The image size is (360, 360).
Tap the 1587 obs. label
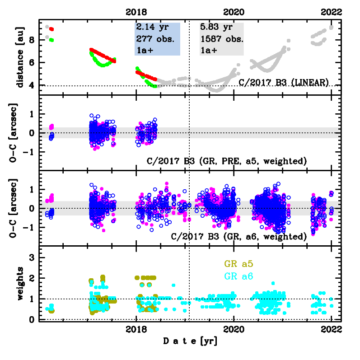(x=222, y=39)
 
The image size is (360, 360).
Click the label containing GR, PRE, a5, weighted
(x=227, y=161)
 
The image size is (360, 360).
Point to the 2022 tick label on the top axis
(x=332, y=12)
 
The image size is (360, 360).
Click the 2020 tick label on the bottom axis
(x=234, y=330)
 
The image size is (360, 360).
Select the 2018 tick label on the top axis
(x=137, y=12)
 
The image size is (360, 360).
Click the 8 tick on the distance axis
(x=31, y=40)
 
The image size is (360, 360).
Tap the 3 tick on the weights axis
(x=31, y=257)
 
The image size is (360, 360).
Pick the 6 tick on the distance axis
(x=31, y=63)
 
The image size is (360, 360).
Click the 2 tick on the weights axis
(x=31, y=278)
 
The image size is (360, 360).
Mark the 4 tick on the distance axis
(x=31, y=86)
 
